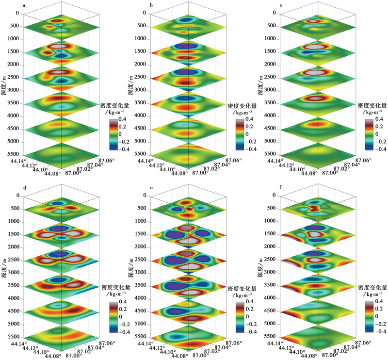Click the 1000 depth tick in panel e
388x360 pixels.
point(141,221)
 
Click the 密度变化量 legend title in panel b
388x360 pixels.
point(241,105)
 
